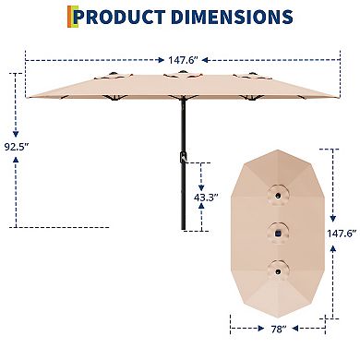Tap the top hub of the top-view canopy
(x=275, y=196)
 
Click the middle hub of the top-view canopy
(x=275, y=231)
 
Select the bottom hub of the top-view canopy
(x=275, y=269)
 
